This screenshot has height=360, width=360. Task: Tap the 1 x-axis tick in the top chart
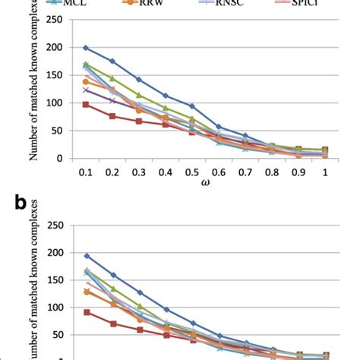click(325, 172)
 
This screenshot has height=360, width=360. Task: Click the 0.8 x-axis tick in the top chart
click(271, 172)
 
